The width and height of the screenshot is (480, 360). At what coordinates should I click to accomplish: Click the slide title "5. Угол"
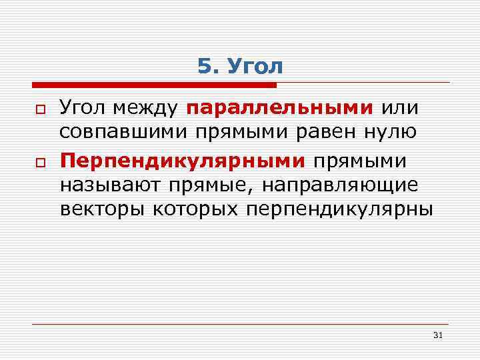click(240, 67)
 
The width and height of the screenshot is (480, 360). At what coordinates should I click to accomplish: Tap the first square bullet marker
click(39, 108)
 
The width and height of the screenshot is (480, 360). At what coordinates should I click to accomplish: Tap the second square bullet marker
click(39, 161)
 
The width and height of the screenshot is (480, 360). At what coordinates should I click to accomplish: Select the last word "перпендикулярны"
click(339, 210)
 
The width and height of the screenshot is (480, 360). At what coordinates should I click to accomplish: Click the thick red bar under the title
click(153, 85)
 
